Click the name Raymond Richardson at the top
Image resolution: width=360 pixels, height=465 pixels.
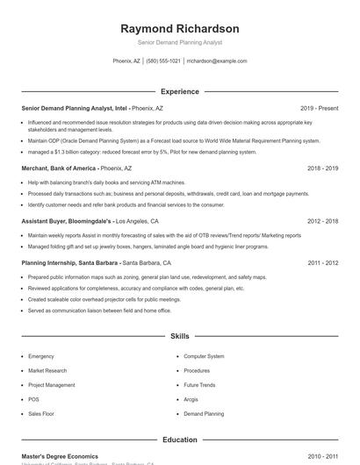coord(180,29)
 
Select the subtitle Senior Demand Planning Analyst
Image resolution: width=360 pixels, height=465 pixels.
coord(180,42)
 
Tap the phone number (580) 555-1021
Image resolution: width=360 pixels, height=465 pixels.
coord(163,61)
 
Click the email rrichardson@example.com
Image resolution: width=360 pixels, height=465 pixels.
coord(218,61)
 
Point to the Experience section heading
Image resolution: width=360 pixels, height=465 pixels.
coord(180,91)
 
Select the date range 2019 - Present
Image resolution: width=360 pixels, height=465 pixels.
coord(319,108)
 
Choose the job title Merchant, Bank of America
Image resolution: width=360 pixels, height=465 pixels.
coord(58,168)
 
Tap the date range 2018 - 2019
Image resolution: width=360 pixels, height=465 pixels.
coord(322,168)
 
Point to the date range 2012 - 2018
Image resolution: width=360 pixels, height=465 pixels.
coord(322,222)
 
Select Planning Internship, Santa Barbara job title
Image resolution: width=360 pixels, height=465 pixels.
coord(70,262)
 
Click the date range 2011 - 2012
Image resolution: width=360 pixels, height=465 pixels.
coord(322,262)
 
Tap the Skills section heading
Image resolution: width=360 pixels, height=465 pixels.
coord(180,336)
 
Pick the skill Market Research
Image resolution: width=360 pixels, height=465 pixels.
coord(47,370)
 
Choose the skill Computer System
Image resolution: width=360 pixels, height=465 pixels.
coord(204,356)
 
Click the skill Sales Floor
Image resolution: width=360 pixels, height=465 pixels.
coord(41,413)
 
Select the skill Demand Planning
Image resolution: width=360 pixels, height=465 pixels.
coord(204,413)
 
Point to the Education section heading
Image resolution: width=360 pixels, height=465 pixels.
coord(180,440)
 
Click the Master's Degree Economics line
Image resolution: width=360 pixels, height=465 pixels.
coord(60,456)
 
